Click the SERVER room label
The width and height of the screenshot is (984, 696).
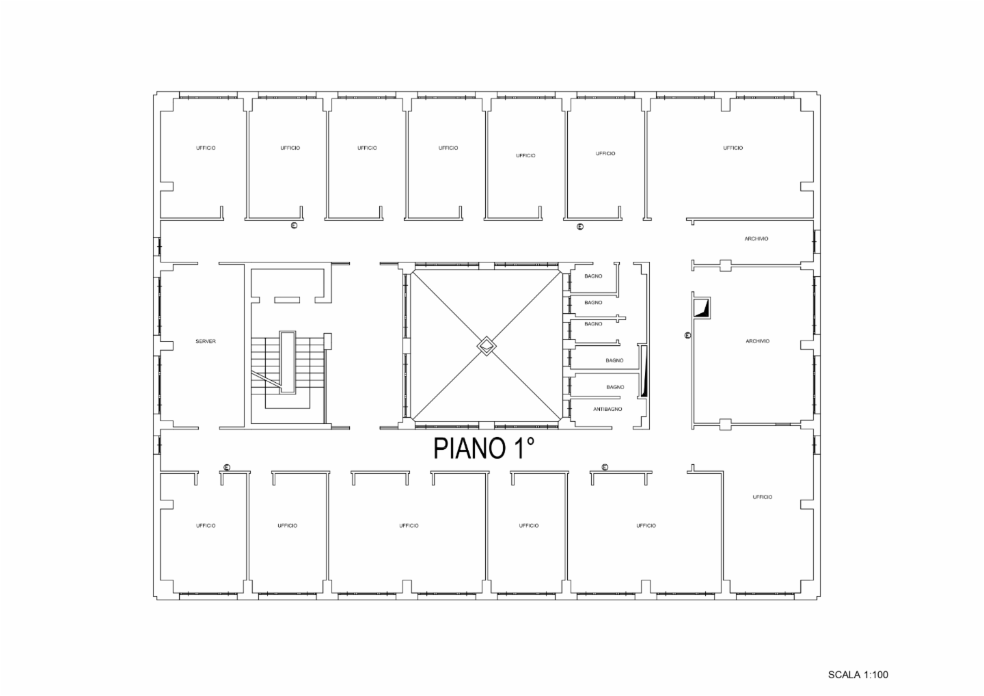pyautogui.click(x=206, y=341)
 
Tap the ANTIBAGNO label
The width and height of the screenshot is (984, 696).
pyautogui.click(x=607, y=409)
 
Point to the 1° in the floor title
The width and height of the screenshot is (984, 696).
pyautogui.click(x=523, y=448)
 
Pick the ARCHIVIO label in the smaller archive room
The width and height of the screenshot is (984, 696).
pyautogui.click(x=756, y=239)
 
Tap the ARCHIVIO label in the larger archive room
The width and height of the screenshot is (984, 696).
pyautogui.click(x=757, y=341)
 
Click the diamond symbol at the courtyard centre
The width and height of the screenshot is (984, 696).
pyautogui.click(x=487, y=346)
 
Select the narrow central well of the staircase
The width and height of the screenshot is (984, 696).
pyautogui.click(x=288, y=362)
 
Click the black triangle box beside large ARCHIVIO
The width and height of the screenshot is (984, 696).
pyautogui.click(x=701, y=308)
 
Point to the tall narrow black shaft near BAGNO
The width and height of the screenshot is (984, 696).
pyautogui.click(x=644, y=372)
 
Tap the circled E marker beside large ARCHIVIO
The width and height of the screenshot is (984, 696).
pyautogui.click(x=688, y=336)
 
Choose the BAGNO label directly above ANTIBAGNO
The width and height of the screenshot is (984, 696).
pyautogui.click(x=615, y=387)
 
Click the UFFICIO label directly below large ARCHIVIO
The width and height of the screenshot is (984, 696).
pyautogui.click(x=762, y=497)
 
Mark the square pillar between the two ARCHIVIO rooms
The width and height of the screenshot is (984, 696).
pyautogui.click(x=725, y=265)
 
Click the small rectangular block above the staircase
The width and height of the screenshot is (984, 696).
pyautogui.click(x=287, y=300)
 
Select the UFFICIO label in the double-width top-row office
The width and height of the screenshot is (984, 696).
pyautogui.click(x=733, y=148)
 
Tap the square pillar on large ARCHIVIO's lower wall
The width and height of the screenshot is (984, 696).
pyautogui.click(x=725, y=424)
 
